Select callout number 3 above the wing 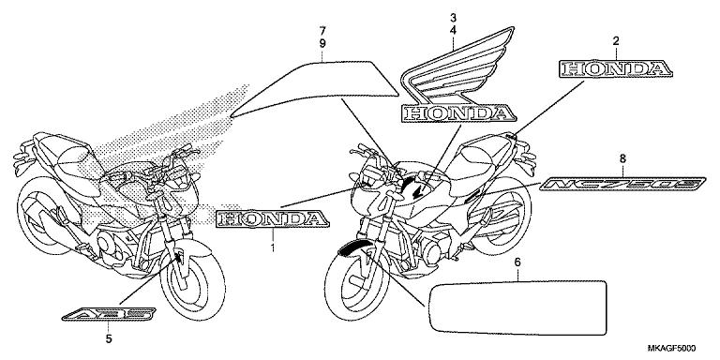click(453, 18)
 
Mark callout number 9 click(322, 44)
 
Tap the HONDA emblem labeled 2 click(616, 68)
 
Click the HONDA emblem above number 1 click(273, 219)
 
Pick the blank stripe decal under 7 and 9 click(319, 88)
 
